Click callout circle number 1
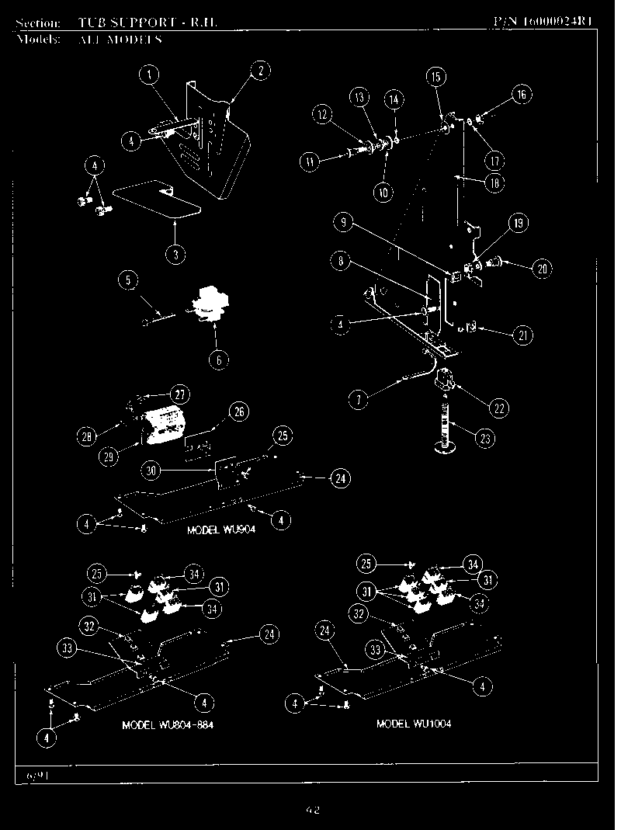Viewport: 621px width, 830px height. click(x=149, y=75)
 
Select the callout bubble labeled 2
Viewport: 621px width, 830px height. click(x=259, y=71)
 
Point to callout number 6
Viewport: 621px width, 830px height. click(x=218, y=361)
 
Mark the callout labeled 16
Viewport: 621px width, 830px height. click(x=521, y=96)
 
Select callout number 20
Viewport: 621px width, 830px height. click(x=541, y=269)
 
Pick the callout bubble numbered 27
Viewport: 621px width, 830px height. click(x=179, y=394)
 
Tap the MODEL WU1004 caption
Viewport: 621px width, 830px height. click(x=413, y=724)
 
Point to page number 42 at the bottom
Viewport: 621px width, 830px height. click(x=312, y=810)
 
